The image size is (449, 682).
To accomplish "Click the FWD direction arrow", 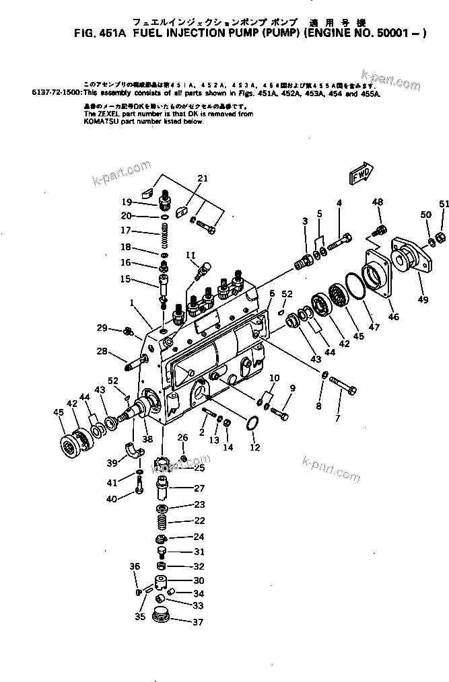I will pos(361,174).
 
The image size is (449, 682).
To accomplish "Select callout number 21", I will pos(203,178).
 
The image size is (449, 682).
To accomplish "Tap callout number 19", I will pos(126,202).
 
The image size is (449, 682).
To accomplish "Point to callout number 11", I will pos(191,255).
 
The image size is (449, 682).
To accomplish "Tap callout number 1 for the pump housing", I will pos(133,303).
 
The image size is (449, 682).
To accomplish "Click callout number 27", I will pos(199,488).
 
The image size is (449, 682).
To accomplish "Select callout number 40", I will pos(111,498).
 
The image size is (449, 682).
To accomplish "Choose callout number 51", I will pos(443,204).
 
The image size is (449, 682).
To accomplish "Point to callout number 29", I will pos(101,328).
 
